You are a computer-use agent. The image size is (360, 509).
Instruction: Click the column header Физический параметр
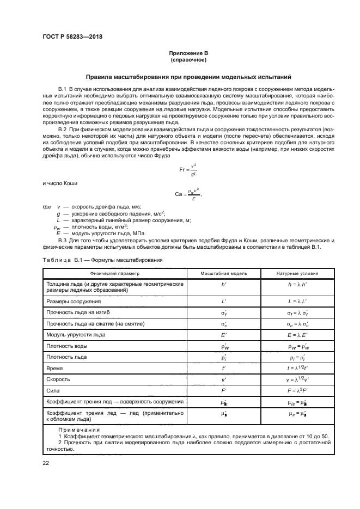pos(115,273)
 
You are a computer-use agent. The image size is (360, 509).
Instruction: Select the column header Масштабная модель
pos(224,273)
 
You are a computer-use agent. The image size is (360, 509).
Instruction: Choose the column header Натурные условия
pos(297,273)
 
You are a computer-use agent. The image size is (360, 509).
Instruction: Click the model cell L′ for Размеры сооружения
pos(224,301)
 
